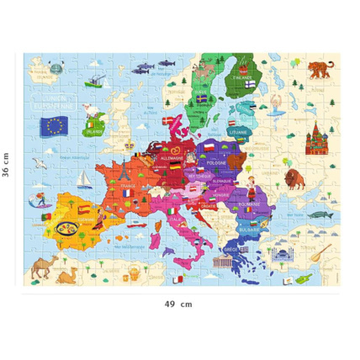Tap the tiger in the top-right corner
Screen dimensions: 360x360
[x=320, y=70]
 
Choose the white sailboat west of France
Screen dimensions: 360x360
[x=84, y=179]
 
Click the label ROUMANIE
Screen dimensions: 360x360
[x=246, y=204]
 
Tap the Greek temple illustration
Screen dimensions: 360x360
[x=225, y=262]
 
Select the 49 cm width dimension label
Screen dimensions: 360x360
[x=179, y=304]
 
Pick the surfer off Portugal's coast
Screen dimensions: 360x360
[x=38, y=202]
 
